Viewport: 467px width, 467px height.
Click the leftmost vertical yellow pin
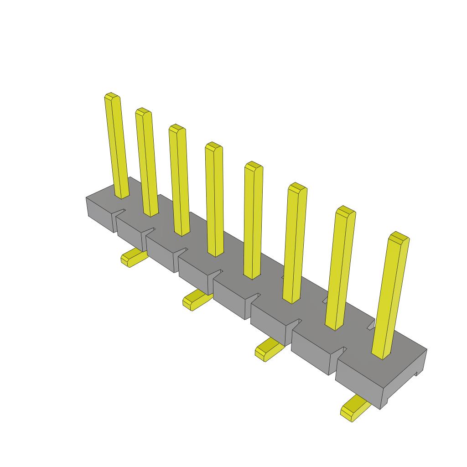(x=116, y=146)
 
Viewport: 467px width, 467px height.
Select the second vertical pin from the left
(x=147, y=162)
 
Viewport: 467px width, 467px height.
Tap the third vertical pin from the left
(x=179, y=180)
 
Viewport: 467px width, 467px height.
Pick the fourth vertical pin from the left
(x=214, y=199)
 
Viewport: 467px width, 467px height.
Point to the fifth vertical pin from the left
(x=253, y=220)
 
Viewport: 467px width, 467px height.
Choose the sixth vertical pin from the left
(x=295, y=243)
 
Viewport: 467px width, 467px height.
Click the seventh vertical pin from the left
(x=340, y=268)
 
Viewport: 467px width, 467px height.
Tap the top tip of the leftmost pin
(x=112, y=96)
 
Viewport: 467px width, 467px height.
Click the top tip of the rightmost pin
(x=399, y=237)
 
